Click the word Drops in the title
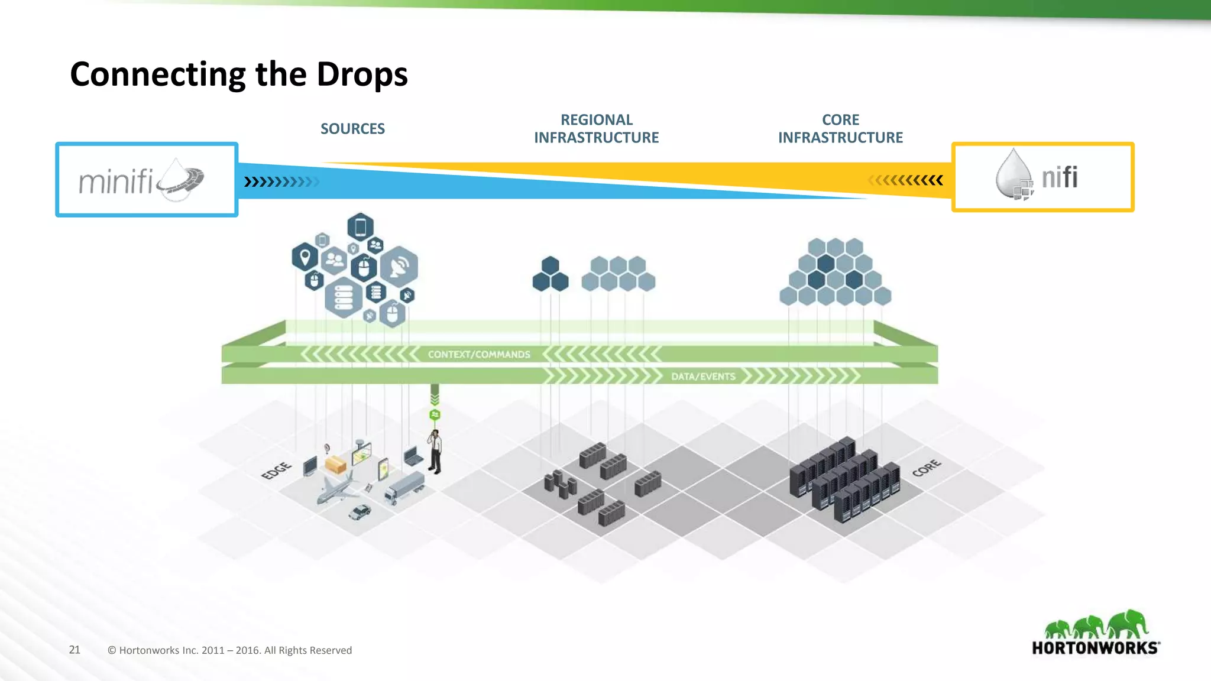click(x=362, y=74)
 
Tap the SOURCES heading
click(x=352, y=129)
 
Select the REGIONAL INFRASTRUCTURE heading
click(x=596, y=129)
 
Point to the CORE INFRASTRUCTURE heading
click(x=840, y=129)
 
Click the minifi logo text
click(x=116, y=181)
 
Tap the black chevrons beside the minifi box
click(x=280, y=181)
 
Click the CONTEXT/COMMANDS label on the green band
click(x=479, y=355)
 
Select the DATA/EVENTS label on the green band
click(x=703, y=377)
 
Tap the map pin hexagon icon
click(x=305, y=257)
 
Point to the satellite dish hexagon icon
click(x=399, y=266)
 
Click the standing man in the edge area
click(x=435, y=452)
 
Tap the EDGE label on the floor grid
click(x=276, y=471)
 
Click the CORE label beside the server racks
click(x=926, y=468)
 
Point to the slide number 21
click(x=75, y=650)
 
